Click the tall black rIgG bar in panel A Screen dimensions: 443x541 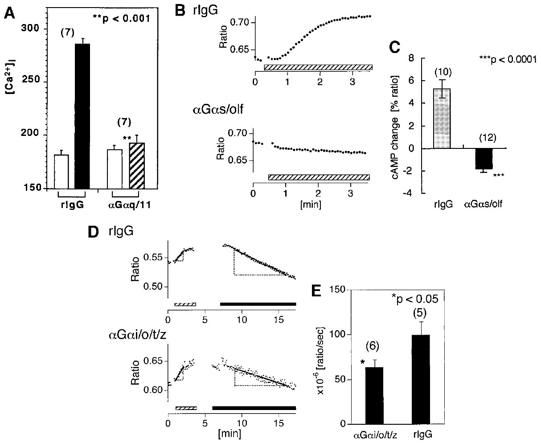point(82,116)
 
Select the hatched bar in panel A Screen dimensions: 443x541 point(137,165)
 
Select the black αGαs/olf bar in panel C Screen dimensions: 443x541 point(483,159)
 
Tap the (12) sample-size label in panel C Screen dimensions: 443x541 point(482,138)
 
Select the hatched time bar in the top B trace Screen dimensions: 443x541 point(318,67)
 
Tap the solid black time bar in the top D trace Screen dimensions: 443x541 point(258,304)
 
